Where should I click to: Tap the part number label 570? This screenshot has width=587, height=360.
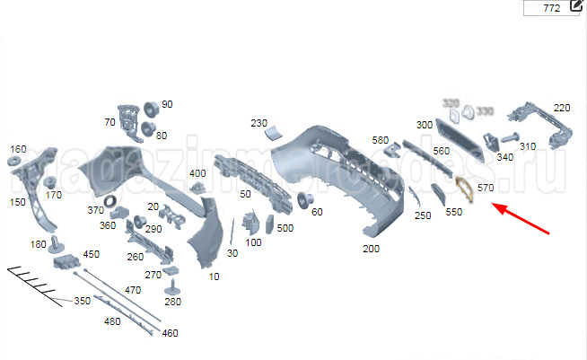pos(486,188)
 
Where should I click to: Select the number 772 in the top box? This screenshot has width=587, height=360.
pos(552,8)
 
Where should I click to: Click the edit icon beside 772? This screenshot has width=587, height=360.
pos(577,8)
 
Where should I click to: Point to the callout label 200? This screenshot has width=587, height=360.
pos(371,248)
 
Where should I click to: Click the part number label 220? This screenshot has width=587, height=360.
pos(562,108)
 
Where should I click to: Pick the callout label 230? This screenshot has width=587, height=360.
pos(258,123)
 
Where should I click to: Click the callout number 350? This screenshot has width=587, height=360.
pos(82,301)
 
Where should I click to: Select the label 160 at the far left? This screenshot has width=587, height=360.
pos(18,148)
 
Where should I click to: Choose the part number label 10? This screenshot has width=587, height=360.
pos(214,277)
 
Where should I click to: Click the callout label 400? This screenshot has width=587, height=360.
pos(197,172)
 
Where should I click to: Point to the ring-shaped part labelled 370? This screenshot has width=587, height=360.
pos(110,199)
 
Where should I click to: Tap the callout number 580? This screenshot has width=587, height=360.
pos(381,140)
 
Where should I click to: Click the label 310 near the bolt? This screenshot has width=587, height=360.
pos(527,146)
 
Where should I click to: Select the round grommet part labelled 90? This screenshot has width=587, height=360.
pos(151,108)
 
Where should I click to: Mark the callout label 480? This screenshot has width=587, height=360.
pos(112,321)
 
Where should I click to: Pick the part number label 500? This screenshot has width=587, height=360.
pos(285,228)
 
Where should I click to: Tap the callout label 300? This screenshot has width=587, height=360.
pos(425,124)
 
